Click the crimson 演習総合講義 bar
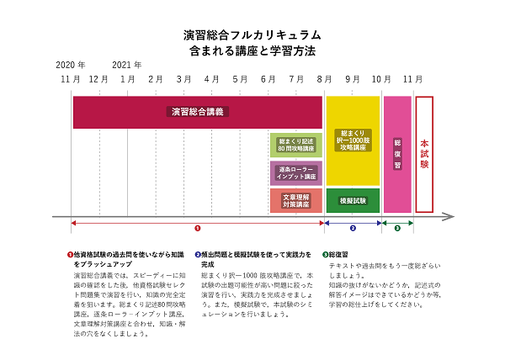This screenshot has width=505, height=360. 199,111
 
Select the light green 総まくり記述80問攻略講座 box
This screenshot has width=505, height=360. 295,145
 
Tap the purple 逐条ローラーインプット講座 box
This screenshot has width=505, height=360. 295,172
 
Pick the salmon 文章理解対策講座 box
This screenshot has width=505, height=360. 295,200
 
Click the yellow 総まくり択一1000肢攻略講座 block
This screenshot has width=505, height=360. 353,140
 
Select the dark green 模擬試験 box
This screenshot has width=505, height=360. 353,201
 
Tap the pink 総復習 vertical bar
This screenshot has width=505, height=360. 397,154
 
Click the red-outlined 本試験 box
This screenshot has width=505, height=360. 424,154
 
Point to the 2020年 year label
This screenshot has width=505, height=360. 71,64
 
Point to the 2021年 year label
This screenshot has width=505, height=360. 126,64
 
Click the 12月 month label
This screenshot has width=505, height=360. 98,79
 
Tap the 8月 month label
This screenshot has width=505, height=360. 324,79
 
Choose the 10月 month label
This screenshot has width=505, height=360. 380,79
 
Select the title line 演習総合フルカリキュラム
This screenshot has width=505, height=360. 252,35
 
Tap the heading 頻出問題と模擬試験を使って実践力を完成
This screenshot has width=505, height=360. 252,258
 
